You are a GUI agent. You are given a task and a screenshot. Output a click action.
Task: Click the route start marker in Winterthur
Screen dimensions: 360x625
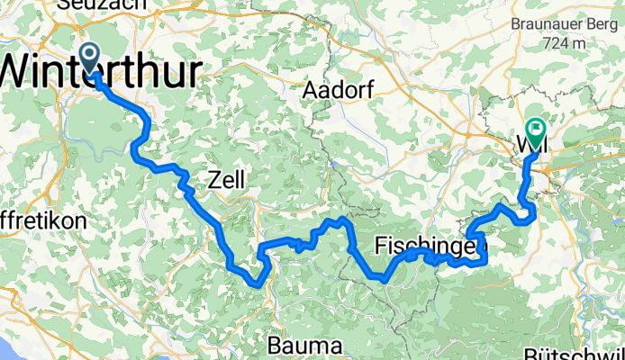pyautogui.click(x=91, y=57)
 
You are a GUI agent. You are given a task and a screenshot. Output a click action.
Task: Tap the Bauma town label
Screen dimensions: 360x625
pyautogui.click(x=303, y=345)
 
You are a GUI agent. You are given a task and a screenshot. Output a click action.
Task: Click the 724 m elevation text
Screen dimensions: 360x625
pyautogui.click(x=566, y=42)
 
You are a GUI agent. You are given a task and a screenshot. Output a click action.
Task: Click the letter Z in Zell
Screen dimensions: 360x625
pyautogui.click(x=213, y=180)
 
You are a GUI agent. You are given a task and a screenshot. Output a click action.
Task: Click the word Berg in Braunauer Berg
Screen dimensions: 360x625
pyautogui.click(x=602, y=24)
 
